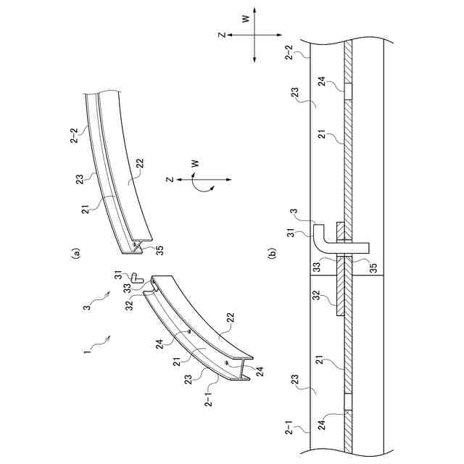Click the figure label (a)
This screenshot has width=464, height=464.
click(x=74, y=254)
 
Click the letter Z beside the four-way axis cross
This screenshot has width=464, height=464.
click(x=223, y=34)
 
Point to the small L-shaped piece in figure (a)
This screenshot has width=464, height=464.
click(x=136, y=277)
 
